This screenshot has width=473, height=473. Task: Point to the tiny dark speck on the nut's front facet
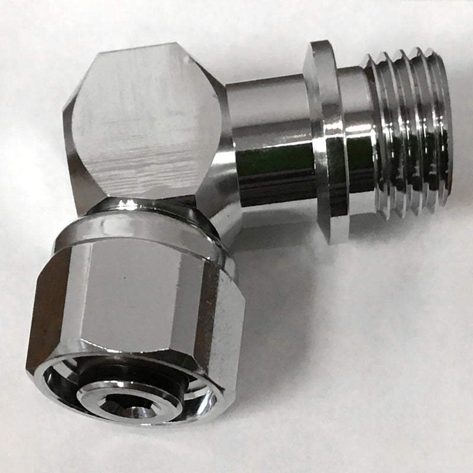point(126,276)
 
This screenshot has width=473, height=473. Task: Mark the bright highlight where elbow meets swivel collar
point(127,205)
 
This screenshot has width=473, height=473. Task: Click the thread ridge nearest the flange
point(372,136)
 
